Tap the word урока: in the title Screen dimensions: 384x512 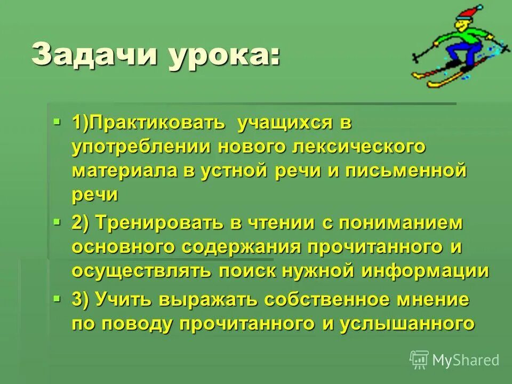click(x=223, y=55)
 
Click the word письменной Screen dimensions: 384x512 click(x=405, y=171)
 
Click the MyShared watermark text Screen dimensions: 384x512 click(x=466, y=360)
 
